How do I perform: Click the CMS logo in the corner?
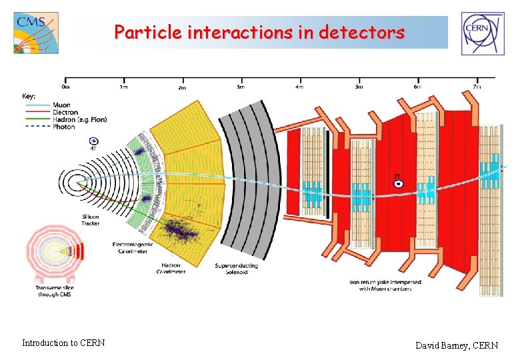pyautogui.click(x=36, y=32)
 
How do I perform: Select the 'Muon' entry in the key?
pyautogui.click(x=63, y=105)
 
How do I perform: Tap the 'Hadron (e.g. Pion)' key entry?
pyautogui.click(x=80, y=119)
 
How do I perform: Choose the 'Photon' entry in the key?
pyautogui.click(x=64, y=127)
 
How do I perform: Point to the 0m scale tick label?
pyautogui.click(x=65, y=87)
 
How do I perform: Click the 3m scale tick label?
pyautogui.click(x=241, y=87)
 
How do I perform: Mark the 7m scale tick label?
pyautogui.click(x=476, y=87)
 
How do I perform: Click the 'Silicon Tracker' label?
pyautogui.click(x=91, y=220)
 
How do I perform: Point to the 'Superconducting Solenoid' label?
pyautogui.click(x=236, y=269)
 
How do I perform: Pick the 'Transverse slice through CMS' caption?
pyautogui.click(x=55, y=291)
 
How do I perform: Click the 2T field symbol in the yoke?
pyautogui.click(x=398, y=181)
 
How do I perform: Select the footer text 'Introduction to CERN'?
pyautogui.click(x=63, y=343)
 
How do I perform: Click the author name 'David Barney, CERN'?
pyautogui.click(x=457, y=345)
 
